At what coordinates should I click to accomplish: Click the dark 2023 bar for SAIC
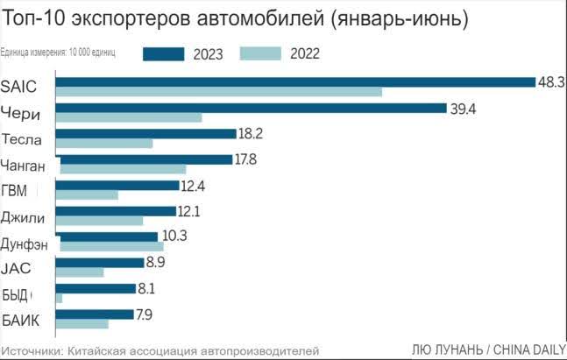tap(295, 82)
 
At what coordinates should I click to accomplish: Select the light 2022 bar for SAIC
tap(219, 93)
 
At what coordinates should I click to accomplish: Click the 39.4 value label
tap(464, 108)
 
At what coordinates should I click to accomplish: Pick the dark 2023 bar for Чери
tap(252, 108)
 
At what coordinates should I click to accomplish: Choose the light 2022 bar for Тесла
tap(104, 144)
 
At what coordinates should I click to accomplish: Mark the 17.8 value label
tap(245, 159)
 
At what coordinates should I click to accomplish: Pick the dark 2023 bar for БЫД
tap(96, 287)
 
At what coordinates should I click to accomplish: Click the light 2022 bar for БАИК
tap(82, 323)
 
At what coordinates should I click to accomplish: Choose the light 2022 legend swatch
tap(260, 53)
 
